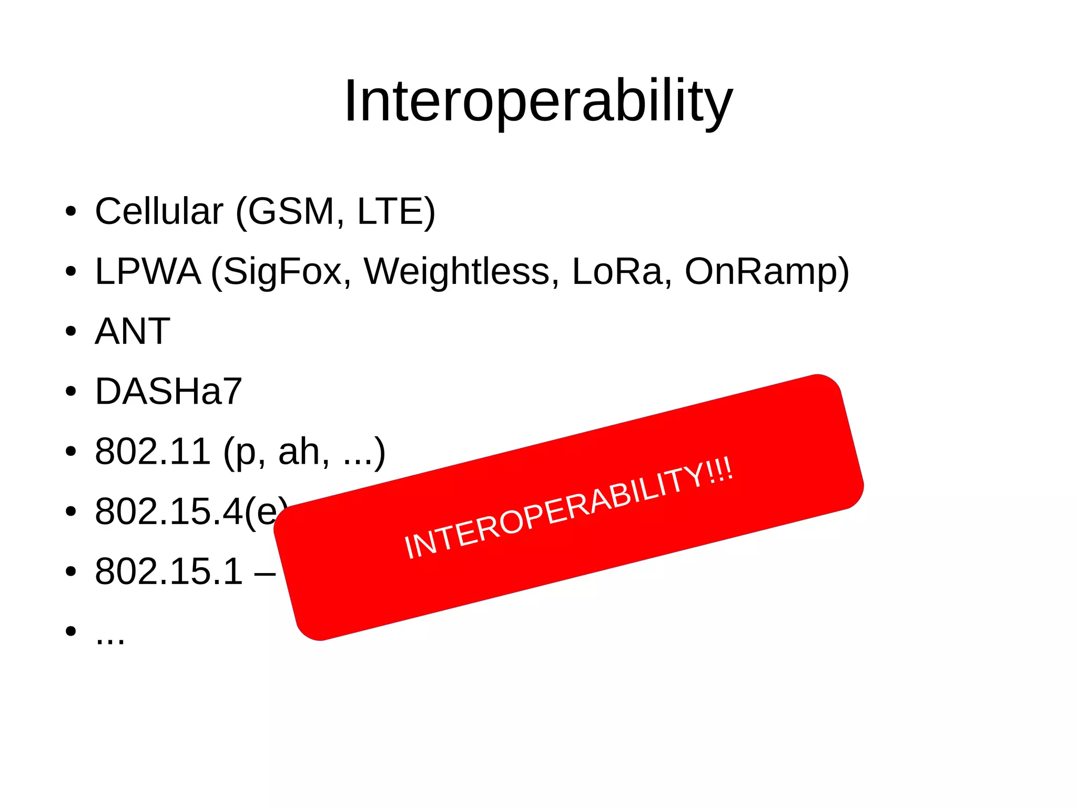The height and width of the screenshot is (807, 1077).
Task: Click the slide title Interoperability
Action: point(538,101)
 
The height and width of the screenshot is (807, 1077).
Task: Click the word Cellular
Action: point(159,211)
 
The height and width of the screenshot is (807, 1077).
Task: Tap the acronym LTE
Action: point(391,211)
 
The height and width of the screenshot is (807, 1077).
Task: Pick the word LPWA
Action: point(148,272)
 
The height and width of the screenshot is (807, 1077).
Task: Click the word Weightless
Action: point(456,272)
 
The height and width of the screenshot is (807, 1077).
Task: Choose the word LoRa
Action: point(617,272)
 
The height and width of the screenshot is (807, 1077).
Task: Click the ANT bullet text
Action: point(133,332)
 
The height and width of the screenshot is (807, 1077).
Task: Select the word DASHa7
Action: point(168,392)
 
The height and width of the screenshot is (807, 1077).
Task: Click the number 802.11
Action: point(153,452)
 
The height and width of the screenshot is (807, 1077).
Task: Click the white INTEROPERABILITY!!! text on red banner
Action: point(568,509)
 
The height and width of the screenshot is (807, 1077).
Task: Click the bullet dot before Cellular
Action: point(71,212)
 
